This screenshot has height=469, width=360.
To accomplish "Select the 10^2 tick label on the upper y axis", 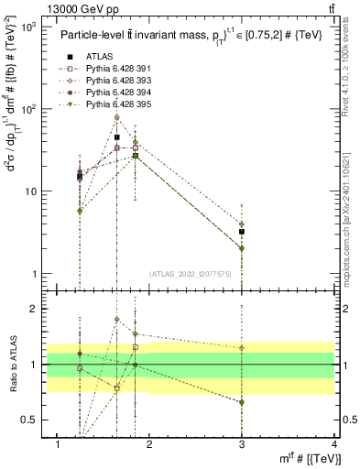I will tap(27, 110).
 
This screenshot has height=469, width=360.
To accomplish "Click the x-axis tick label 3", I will tap(241, 445).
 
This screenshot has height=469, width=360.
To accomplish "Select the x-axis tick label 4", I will tap(333, 445).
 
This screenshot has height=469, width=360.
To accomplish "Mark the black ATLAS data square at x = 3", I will tap(241, 232).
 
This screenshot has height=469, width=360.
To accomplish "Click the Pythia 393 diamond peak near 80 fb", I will tap(117, 117).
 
